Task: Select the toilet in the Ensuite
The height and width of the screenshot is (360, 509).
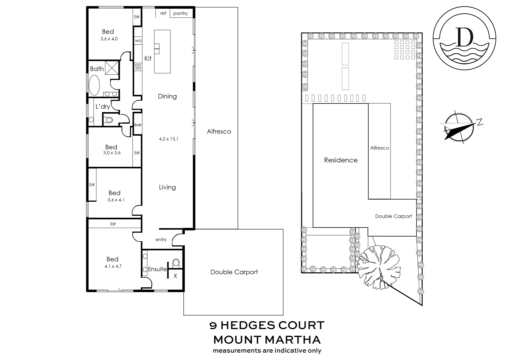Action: [176, 263]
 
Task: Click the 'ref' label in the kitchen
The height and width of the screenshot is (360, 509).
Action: [163, 13]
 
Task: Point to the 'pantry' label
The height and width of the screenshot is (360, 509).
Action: [180, 13]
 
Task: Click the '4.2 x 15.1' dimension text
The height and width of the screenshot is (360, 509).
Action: [169, 139]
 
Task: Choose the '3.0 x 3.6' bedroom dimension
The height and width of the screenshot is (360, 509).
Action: [112, 153]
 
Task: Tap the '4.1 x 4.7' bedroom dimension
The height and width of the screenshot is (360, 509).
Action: [113, 266]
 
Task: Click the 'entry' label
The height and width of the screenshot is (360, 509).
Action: [161, 240]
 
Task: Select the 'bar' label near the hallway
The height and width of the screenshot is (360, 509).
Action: [138, 125]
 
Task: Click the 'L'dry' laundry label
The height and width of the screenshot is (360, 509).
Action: [103, 107]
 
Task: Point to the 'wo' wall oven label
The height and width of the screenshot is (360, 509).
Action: [138, 41]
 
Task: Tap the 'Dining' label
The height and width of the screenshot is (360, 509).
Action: [167, 96]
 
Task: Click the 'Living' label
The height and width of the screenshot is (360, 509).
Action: [167, 187]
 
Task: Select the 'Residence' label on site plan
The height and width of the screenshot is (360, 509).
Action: [341, 160]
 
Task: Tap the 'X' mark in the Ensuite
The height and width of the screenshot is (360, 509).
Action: [175, 276]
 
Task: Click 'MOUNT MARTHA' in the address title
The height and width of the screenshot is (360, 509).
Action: [267, 340]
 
